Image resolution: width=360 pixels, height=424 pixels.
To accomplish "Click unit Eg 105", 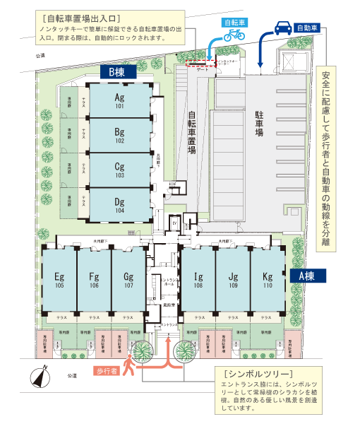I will pyautogui.click(x=59, y=280).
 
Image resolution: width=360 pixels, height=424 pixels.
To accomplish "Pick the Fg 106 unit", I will pyautogui.click(x=93, y=280).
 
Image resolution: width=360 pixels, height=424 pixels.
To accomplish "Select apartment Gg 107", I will pyautogui.click(x=128, y=280).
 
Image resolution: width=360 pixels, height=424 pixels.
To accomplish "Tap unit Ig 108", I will pyautogui.click(x=199, y=280).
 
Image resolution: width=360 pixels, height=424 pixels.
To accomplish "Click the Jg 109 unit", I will pyautogui.click(x=233, y=280).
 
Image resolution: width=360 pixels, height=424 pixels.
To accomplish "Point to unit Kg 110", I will pyautogui.click(x=267, y=280).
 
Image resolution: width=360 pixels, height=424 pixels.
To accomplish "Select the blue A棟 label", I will pyautogui.click(x=306, y=276).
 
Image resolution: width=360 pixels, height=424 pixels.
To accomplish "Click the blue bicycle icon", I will pyautogui.click(x=234, y=34).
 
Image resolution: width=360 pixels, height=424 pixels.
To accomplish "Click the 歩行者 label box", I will pyautogui.click(x=106, y=370).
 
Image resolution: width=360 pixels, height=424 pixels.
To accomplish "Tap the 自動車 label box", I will pyautogui.click(x=307, y=28).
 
